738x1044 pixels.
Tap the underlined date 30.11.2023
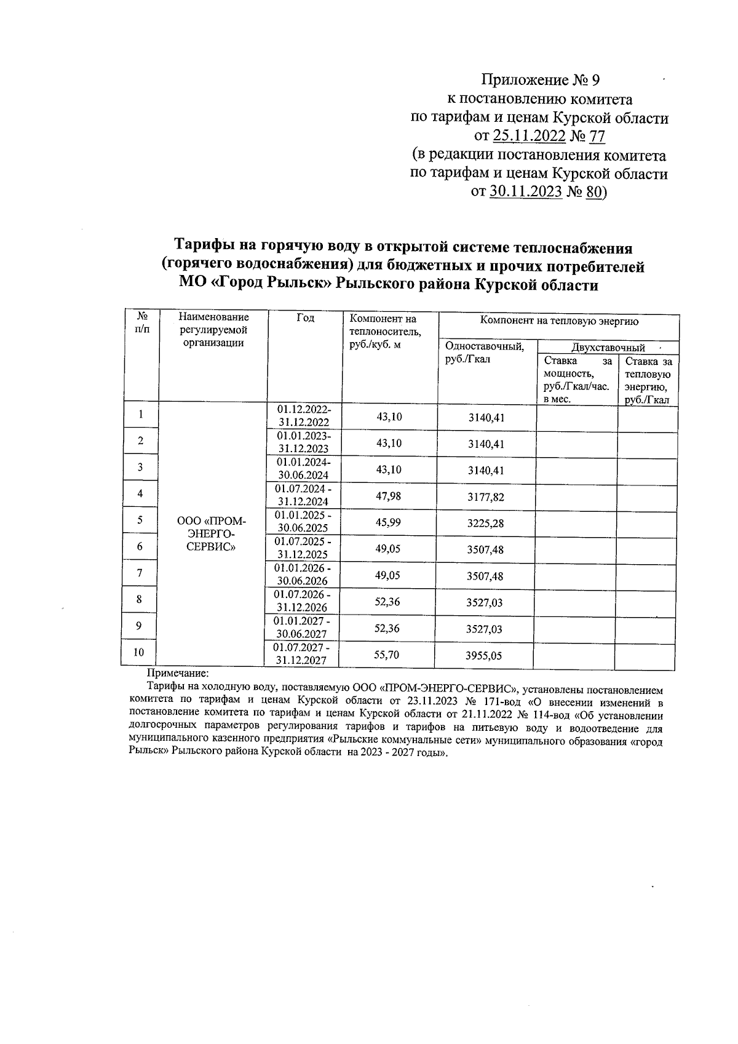point(526,192)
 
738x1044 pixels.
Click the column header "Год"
point(305,318)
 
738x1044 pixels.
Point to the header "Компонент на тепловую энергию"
point(558,321)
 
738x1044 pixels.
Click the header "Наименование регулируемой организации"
point(213,330)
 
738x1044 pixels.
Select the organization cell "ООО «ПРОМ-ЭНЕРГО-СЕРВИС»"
point(211,533)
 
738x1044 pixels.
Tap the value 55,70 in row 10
point(386,655)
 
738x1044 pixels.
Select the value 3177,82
point(486,497)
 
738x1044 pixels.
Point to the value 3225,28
point(486,524)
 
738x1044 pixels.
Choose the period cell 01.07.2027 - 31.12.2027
point(301,655)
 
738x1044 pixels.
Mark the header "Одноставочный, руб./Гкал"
point(485,353)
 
